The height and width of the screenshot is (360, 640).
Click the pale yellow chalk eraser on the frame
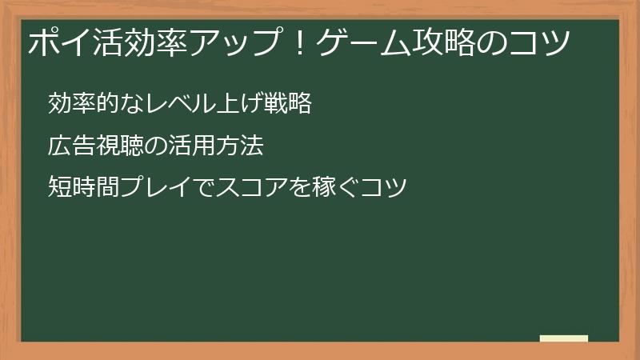click(x=564, y=339)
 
